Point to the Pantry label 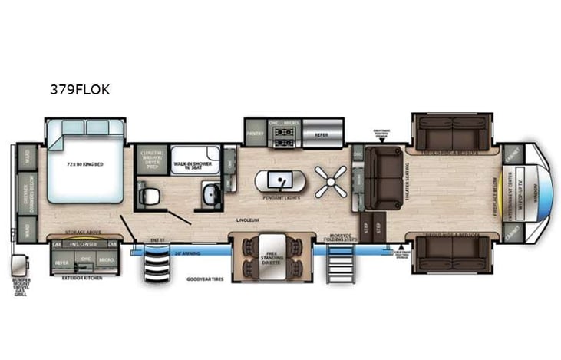pos(254,132)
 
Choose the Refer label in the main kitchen pos(321,134)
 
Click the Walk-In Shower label pos(190,164)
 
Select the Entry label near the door pos(157,239)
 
